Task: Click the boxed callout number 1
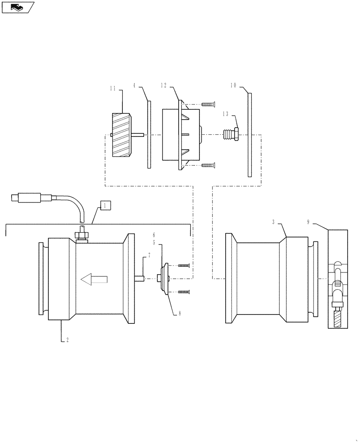(x=106, y=205)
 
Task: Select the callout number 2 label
(x=67, y=340)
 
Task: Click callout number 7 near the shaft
(x=149, y=256)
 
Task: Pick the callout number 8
(x=180, y=313)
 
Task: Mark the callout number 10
(x=234, y=85)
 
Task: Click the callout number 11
(x=113, y=88)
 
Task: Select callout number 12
(x=164, y=85)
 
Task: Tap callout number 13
(x=226, y=114)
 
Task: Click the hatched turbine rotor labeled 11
(x=120, y=135)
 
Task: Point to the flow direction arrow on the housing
(x=94, y=279)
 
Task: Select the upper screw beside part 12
(x=207, y=104)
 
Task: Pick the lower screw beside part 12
(x=207, y=165)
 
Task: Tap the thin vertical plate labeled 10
(x=250, y=135)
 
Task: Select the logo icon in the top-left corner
(x=17, y=7)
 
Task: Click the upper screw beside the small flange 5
(x=184, y=265)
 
